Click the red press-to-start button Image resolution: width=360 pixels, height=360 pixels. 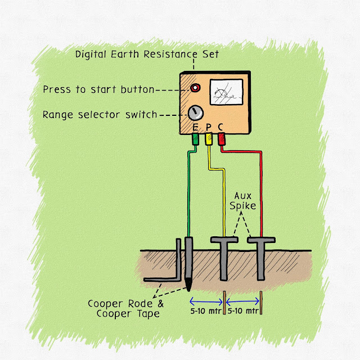195,88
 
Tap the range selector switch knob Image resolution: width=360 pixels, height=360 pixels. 195,113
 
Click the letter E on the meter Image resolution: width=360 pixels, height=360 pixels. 195,129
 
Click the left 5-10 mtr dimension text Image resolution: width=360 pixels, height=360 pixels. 206,310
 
